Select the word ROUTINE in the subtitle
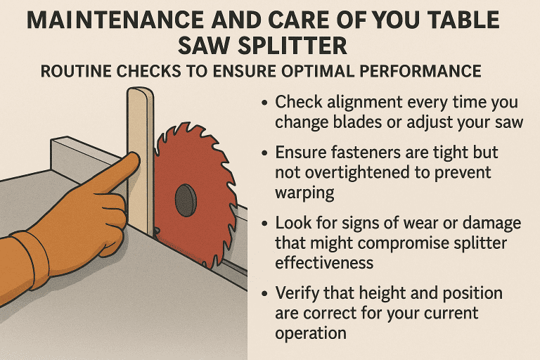click(73, 72)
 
